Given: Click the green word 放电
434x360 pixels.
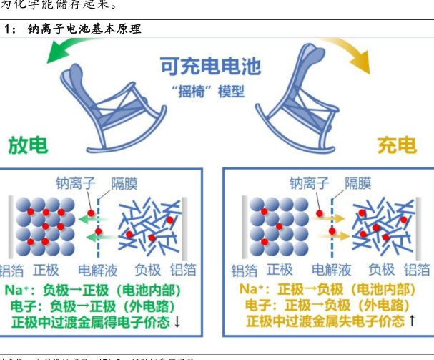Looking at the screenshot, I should pos(28,145).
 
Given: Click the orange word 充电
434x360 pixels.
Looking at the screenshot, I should pos(397,145).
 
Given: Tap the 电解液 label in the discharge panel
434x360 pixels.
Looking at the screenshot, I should pos(97,271).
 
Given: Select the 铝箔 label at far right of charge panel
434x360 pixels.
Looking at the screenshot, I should pos(418,271).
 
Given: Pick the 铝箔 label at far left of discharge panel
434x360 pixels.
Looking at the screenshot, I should pos(9,271).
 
